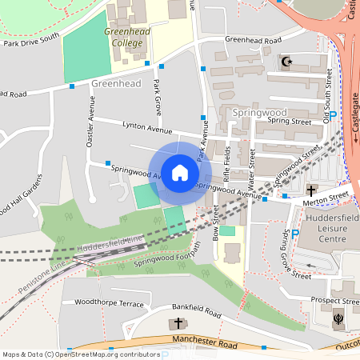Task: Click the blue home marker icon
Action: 179,173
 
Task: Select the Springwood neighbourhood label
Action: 259,112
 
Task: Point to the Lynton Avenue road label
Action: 147,127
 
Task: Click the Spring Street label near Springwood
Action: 289,122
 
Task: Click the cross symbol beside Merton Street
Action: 311,190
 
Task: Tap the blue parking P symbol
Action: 294,233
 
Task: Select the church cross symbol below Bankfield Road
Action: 177,323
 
